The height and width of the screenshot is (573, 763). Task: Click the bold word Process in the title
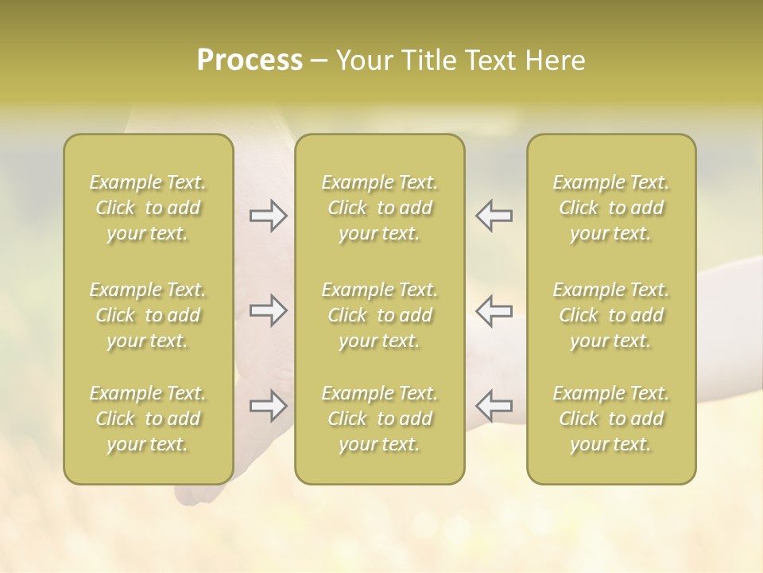pos(250,60)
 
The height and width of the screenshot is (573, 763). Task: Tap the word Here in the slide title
pos(556,60)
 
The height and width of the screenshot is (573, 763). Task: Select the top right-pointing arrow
pos(268,216)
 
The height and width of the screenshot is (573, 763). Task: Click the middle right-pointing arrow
pos(268,310)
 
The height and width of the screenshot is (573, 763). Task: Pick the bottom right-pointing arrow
pos(268,406)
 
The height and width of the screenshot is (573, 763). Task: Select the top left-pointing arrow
pos(494,216)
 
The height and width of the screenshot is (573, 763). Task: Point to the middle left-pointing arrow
pos(494,310)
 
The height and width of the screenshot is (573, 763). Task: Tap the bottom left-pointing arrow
pos(494,406)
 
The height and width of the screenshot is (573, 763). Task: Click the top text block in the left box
pos(148,209)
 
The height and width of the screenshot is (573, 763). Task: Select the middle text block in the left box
pos(148,315)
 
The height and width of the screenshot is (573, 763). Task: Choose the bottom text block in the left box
pos(148,419)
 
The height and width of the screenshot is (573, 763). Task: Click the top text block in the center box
pos(380,209)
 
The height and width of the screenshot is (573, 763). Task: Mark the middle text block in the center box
pos(380,315)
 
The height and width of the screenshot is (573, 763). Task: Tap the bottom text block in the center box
pos(380,419)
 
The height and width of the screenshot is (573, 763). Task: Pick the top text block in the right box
pos(611,209)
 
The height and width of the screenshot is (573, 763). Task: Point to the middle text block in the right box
pos(611,315)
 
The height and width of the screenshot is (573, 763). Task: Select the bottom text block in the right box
pos(611,419)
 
